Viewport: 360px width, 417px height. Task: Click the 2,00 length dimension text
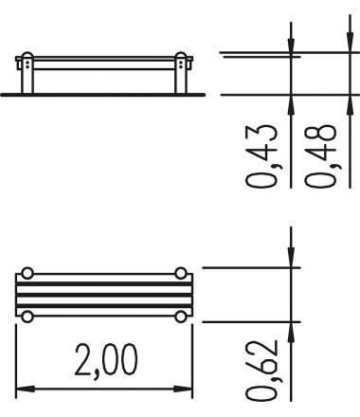106,360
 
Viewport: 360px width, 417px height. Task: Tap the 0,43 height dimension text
262,156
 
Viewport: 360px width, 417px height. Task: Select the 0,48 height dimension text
320,156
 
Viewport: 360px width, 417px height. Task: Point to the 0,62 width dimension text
262,371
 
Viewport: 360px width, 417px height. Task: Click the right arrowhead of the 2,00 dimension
183,389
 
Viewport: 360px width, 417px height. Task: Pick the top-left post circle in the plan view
27,273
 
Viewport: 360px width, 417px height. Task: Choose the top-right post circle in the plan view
181,273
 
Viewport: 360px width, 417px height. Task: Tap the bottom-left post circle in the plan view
27,317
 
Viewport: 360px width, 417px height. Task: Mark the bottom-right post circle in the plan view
181,317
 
